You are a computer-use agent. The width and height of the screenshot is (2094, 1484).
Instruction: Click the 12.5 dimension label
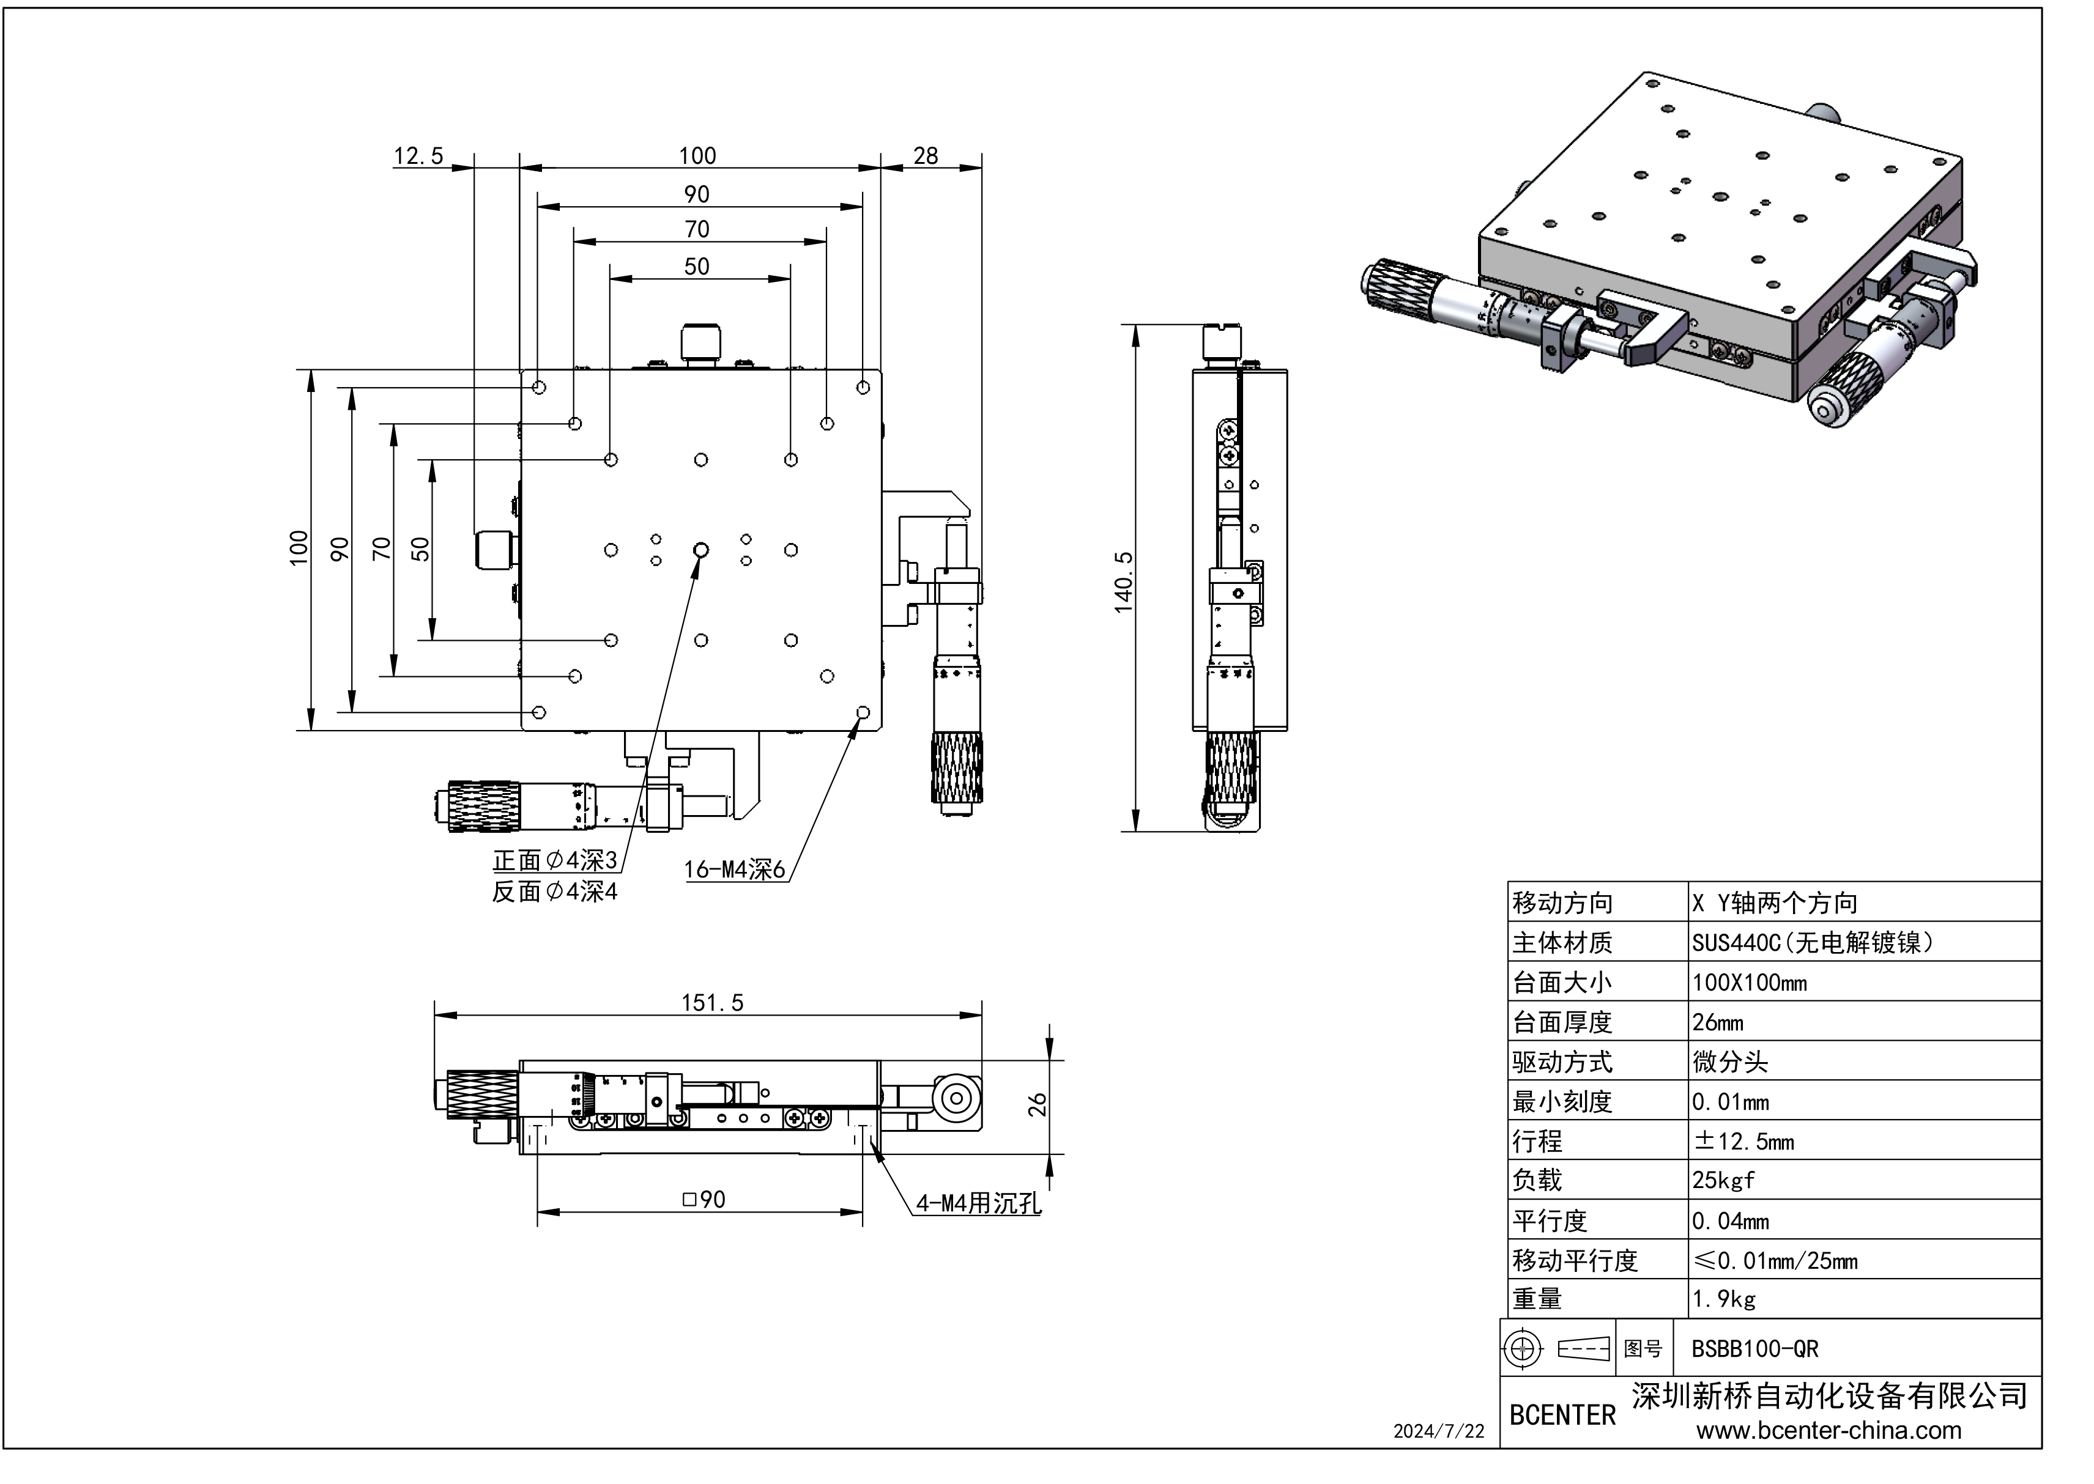pyautogui.click(x=418, y=157)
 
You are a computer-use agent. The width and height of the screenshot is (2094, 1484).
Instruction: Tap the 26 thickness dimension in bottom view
pyautogui.click(x=1036, y=1105)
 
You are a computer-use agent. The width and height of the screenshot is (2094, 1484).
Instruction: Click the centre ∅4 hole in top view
pyautogui.click(x=701, y=550)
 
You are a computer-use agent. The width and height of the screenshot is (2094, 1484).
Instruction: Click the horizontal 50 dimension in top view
pyautogui.click(x=697, y=267)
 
